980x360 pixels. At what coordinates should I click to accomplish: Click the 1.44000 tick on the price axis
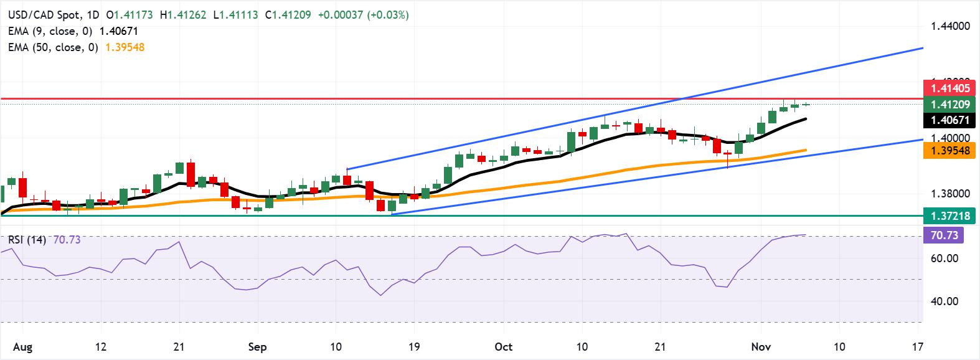951,26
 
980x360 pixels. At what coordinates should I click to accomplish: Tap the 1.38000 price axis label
951,194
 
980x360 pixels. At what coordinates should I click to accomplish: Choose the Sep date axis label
257,346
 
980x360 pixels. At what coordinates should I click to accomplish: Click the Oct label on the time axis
503,346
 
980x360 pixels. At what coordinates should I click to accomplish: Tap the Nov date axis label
760,346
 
